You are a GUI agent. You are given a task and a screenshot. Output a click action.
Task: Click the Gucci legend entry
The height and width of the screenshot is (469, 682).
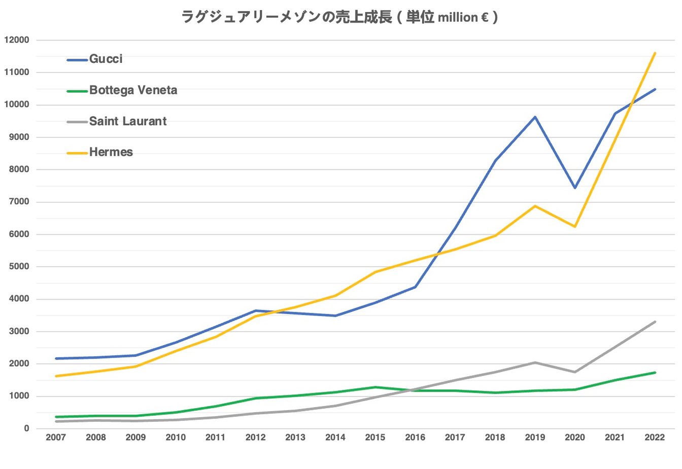pyautogui.click(x=106, y=59)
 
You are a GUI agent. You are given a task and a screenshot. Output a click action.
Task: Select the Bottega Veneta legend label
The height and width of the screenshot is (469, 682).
pyautogui.click(x=133, y=90)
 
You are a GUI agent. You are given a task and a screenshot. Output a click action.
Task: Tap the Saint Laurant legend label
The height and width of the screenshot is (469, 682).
pyautogui.click(x=127, y=121)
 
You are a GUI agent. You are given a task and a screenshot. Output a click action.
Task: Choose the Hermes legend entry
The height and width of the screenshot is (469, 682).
pyautogui.click(x=111, y=152)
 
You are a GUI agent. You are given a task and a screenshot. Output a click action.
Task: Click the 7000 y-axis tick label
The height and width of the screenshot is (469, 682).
pyautogui.click(x=19, y=202)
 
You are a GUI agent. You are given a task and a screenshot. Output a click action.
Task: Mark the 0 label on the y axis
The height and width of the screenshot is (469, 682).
pyautogui.click(x=26, y=428)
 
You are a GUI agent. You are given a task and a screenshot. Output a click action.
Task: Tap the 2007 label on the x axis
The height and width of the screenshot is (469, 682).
pyautogui.click(x=56, y=438)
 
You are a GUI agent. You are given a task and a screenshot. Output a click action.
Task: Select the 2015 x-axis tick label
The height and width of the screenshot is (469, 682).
pyautogui.click(x=375, y=438)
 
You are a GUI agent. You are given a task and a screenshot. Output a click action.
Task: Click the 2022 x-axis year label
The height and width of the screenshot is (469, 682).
pyautogui.click(x=655, y=438)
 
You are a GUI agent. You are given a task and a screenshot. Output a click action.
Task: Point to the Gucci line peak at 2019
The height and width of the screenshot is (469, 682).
pyautogui.click(x=535, y=117)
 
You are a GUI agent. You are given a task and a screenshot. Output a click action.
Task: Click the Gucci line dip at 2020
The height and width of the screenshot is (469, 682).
pyautogui.click(x=575, y=188)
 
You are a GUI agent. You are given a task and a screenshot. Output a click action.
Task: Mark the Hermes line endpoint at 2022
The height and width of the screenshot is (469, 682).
pyautogui.click(x=655, y=53)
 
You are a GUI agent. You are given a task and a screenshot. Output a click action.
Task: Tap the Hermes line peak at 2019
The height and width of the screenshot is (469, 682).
pyautogui.click(x=535, y=206)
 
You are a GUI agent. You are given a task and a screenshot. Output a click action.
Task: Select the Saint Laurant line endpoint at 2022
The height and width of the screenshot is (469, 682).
pyautogui.click(x=655, y=322)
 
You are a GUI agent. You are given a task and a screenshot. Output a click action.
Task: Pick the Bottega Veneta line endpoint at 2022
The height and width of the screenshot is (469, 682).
pyautogui.click(x=655, y=373)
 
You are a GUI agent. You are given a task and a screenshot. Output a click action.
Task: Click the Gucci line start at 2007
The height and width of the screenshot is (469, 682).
pyautogui.click(x=56, y=358)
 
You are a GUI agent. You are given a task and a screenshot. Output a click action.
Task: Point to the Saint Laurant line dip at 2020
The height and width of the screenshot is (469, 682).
pyautogui.click(x=575, y=372)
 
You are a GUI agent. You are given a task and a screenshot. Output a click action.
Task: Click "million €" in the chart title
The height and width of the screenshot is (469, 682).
pyautogui.click(x=463, y=18)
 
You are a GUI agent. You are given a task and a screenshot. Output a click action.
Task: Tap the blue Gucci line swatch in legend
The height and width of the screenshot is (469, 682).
pyautogui.click(x=77, y=60)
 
